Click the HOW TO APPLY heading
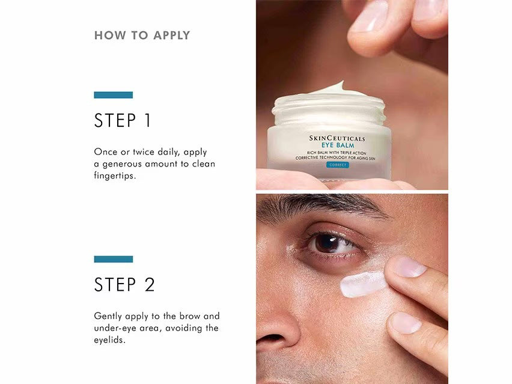[142, 35]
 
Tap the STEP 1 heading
[123, 121]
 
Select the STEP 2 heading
[124, 285]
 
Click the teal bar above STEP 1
[113, 95]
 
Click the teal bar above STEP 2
[113, 259]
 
